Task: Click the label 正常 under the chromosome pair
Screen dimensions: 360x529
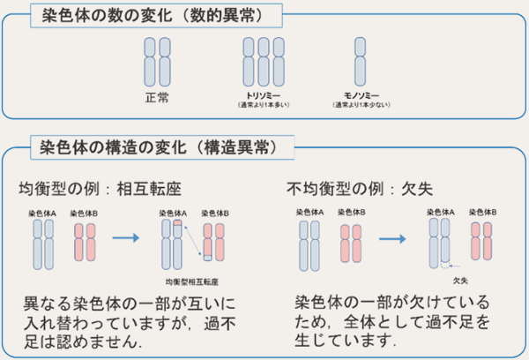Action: [x=155, y=94]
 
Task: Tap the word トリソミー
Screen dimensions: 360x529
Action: [x=264, y=94]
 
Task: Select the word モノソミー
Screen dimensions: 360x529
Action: [x=361, y=94]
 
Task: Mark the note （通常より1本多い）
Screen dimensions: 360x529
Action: [x=264, y=105]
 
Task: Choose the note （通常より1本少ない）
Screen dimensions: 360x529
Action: [x=361, y=105]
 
